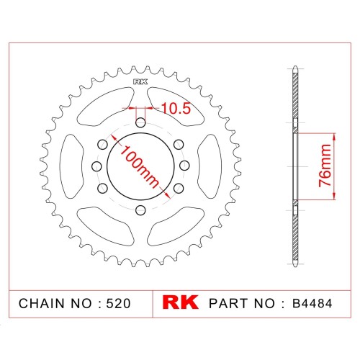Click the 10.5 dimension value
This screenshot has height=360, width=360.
pyautogui.click(x=176, y=108)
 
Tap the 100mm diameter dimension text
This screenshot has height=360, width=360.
pyautogui.click(x=140, y=166)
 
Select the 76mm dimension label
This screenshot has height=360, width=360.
pyautogui.click(x=325, y=166)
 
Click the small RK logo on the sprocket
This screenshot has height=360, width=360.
pyautogui.click(x=140, y=82)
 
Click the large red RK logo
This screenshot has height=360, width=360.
pyautogui.click(x=180, y=302)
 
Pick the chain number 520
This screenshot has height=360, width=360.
pyautogui.click(x=118, y=303)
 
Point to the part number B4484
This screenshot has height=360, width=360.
pyautogui.click(x=312, y=303)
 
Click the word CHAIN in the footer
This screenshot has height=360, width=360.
pyautogui.click(x=42, y=303)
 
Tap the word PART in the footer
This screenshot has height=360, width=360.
pyautogui.click(x=230, y=303)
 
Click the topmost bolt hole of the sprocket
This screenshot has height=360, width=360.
pyautogui.click(x=140, y=123)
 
